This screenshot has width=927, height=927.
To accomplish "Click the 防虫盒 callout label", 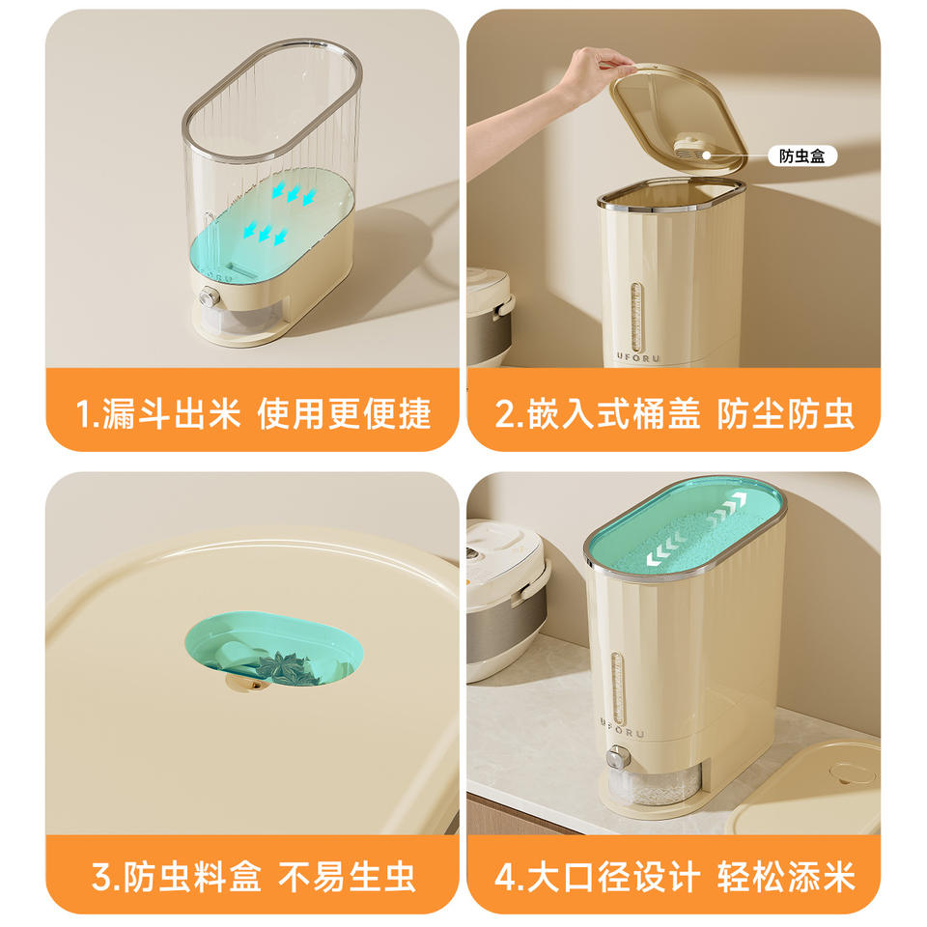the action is pos(801,156).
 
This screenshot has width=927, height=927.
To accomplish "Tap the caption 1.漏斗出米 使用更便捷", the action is pos(253,413).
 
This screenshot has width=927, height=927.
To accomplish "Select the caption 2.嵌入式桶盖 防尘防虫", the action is pos(674,413).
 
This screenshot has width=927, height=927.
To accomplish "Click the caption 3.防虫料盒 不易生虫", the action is pos(253,876).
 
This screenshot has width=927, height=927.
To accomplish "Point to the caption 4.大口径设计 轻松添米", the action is pos(674,876).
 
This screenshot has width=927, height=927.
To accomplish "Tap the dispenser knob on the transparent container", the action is pos(209,296).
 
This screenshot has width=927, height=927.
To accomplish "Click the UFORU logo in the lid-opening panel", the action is pos(638,357).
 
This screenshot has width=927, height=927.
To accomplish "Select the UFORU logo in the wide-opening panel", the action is pos(621,728).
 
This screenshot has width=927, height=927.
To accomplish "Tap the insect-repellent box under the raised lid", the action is pos(693,150).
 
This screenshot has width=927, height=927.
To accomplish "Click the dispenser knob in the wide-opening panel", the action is pos(618,757).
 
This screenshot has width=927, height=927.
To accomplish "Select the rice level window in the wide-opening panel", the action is pos(618,688).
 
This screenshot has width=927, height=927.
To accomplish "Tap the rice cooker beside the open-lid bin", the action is pos(490,317).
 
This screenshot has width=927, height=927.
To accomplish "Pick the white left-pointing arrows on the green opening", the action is pos(665,549).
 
